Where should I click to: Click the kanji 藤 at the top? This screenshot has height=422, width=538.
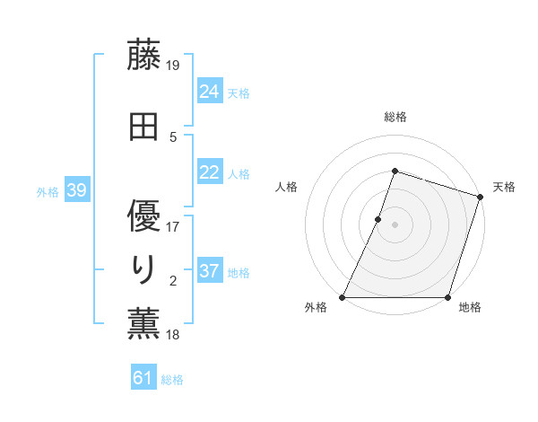tap(144, 56)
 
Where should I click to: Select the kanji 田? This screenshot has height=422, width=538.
tap(144, 128)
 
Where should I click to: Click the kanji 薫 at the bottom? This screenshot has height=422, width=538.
tap(144, 325)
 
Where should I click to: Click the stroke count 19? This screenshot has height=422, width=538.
tap(174, 66)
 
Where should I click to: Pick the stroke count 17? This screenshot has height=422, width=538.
tap(174, 226)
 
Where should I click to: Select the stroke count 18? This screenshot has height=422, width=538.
tap(174, 335)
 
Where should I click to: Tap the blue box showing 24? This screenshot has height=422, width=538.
tap(210, 92)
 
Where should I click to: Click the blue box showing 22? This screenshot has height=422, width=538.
tap(210, 173)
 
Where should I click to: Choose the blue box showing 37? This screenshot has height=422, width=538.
tap(210, 271)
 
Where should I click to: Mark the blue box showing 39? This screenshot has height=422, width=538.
tap(76, 190)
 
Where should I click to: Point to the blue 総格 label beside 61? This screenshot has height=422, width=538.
tap(172, 380)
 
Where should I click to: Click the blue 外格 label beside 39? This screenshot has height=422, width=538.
tap(48, 191)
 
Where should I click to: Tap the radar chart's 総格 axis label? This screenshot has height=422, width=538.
tap(395, 117)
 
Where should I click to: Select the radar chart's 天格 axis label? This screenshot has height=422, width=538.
tap(504, 187)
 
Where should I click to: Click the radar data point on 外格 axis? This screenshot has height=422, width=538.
tap(343, 297)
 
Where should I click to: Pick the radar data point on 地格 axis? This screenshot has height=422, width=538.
tap(447, 297)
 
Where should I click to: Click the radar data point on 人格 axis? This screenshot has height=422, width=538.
tap(378, 219)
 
